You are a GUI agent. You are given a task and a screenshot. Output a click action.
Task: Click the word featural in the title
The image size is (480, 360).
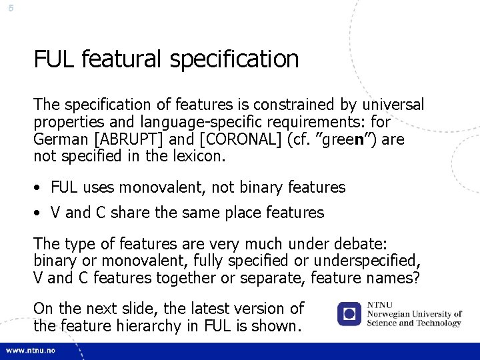click(122, 59)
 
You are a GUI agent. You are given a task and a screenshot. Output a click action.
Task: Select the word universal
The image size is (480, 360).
click(392, 105)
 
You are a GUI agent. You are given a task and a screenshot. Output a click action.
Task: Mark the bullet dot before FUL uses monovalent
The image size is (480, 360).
click(41, 188)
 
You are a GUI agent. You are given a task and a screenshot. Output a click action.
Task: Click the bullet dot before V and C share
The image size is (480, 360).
click(41, 213)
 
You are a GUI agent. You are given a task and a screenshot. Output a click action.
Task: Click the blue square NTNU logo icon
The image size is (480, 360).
click(349, 313)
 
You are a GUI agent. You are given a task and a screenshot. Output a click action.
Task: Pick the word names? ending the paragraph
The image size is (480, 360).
click(397, 278)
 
